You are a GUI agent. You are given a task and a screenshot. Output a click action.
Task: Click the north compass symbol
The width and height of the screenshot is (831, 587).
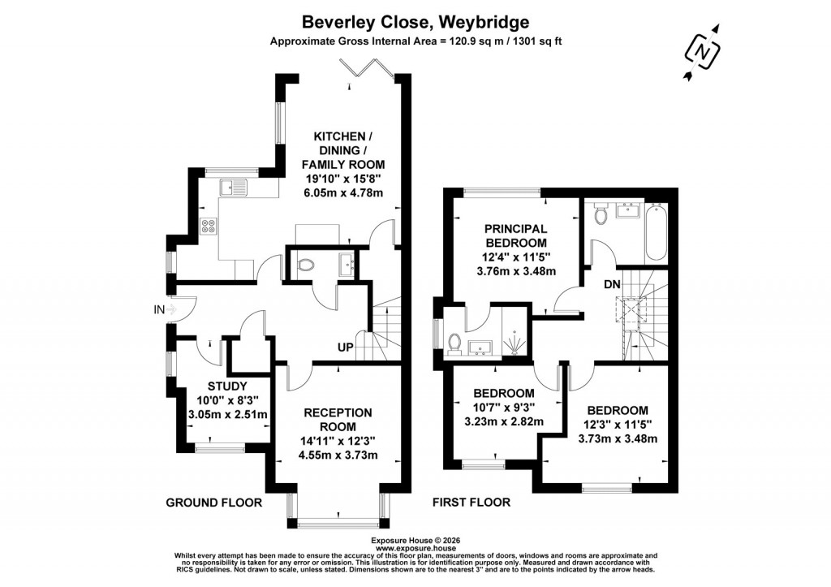pos(704,52)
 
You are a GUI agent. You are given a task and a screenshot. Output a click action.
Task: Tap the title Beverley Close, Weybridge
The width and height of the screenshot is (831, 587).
pos(415,22)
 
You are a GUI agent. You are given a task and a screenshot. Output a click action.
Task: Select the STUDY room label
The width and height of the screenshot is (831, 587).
pos(226,386)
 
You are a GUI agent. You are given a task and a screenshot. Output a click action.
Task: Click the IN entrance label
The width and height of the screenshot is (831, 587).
pos(158,309)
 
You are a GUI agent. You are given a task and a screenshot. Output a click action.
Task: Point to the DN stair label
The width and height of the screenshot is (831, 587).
pos(613,285)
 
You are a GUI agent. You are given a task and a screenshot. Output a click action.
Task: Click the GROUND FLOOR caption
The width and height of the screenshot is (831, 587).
pos(214,503)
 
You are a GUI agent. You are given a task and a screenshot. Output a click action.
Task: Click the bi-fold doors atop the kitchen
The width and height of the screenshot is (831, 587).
pos(370,74)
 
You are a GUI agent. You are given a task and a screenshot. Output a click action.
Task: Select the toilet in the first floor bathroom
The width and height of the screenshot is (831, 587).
pos(601,214)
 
